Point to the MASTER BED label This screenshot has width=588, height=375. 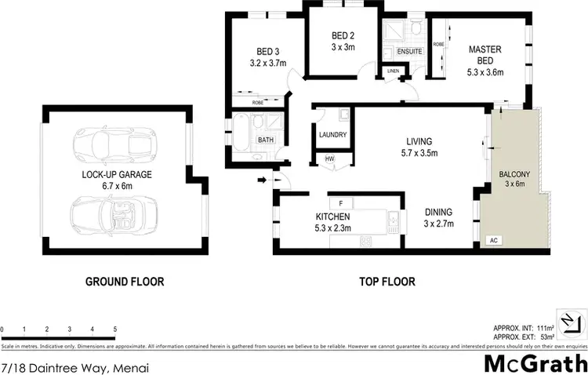point(485,49)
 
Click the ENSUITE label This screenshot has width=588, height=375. point(410,52)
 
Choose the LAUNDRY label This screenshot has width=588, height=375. point(332,134)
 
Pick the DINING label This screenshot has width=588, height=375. point(438,211)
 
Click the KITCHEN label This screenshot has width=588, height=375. point(332,217)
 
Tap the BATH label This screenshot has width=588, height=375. point(265,140)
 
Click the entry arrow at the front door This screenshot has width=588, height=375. point(260,180)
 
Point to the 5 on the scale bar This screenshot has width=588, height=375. point(115,329)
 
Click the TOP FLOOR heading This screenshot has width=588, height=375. point(387,281)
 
